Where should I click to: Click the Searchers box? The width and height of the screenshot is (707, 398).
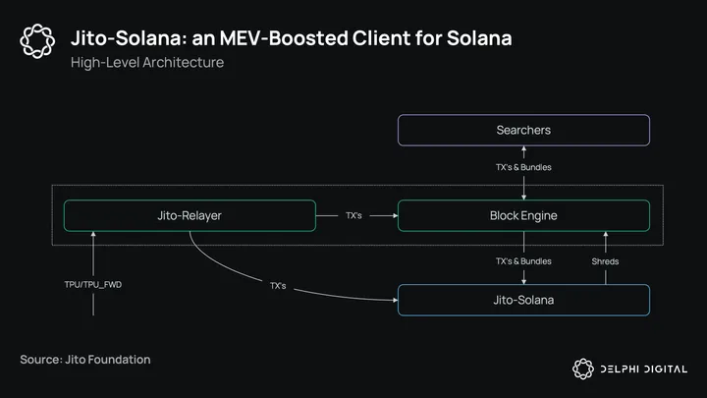tap(523, 130)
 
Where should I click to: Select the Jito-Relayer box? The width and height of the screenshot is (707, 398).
tap(190, 215)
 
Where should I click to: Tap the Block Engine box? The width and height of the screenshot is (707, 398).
tap(523, 215)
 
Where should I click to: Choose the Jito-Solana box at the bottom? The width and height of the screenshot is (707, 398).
tap(523, 300)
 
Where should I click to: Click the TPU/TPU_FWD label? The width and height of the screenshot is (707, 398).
tap(93, 285)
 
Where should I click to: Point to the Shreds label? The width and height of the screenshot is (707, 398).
tap(606, 261)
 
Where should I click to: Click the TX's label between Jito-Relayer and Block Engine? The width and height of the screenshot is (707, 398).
tap(355, 215)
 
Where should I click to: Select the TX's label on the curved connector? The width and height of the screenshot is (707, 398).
tap(278, 285)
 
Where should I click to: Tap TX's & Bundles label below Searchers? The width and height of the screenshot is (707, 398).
tap(523, 167)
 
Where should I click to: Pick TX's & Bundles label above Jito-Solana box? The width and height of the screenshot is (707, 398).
tap(523, 261)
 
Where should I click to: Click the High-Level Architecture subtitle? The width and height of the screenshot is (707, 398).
tap(147, 63)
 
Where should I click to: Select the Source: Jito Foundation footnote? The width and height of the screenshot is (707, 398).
tap(85, 360)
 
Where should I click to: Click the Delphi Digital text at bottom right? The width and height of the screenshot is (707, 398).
tap(645, 369)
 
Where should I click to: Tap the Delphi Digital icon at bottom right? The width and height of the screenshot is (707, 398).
tap(583, 369)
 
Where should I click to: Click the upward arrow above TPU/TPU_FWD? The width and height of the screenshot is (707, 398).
tap(93, 251)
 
